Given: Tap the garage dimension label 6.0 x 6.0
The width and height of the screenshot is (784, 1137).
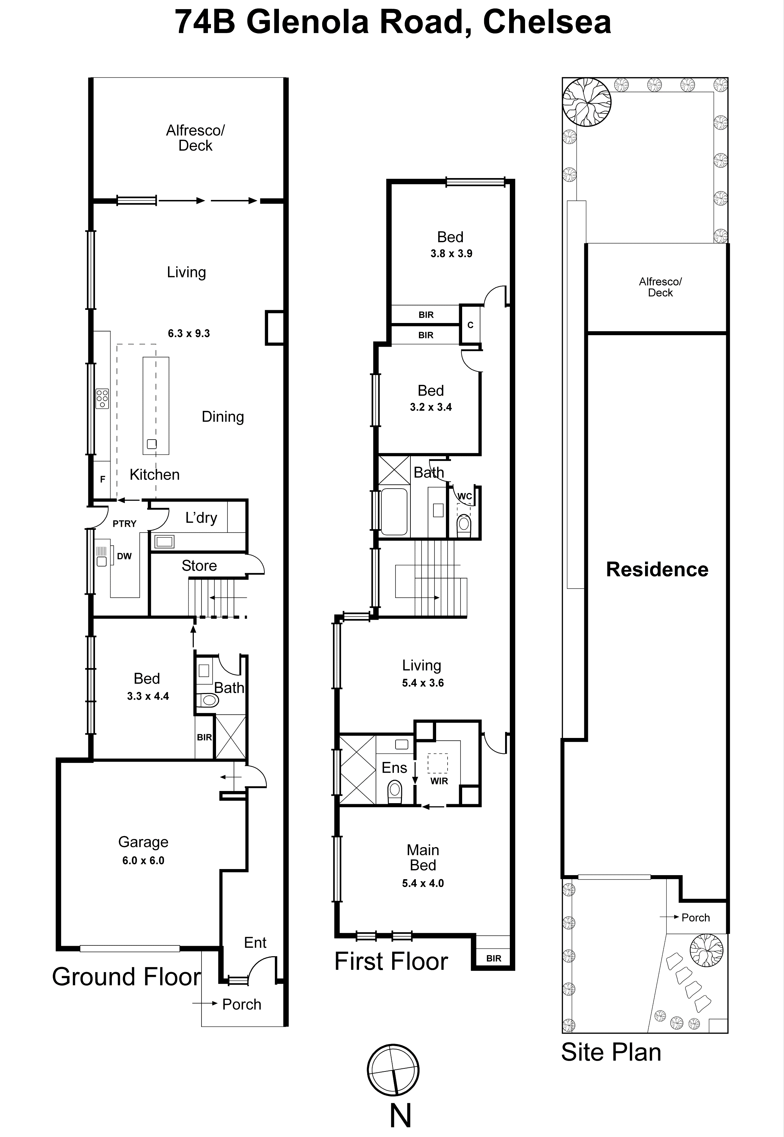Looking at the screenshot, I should tap(143, 860).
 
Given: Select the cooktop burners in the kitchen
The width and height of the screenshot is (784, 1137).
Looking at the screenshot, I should tap(102, 398).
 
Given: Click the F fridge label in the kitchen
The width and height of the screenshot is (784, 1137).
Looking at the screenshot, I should tap(103, 479).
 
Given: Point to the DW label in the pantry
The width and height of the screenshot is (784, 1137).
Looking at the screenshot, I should tap(124, 556).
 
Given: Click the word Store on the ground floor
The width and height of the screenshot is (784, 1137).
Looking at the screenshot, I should tap(199, 566).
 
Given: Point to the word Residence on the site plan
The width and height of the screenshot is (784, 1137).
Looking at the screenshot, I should tap(657, 569).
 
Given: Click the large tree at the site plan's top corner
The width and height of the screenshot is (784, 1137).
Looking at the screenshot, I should tap(587, 102).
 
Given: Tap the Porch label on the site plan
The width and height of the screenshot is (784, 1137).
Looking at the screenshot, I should tap(695, 918).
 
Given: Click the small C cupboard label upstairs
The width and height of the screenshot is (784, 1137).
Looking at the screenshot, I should tap(470, 325).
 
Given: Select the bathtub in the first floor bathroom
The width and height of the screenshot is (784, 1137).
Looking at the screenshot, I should tap(394, 511).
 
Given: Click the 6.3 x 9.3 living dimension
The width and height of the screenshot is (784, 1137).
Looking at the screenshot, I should tap(189, 333).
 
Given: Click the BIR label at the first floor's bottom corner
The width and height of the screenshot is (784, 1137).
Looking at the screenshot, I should tap(494, 958).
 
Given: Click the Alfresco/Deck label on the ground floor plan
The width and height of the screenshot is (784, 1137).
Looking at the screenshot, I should tap(195, 138).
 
